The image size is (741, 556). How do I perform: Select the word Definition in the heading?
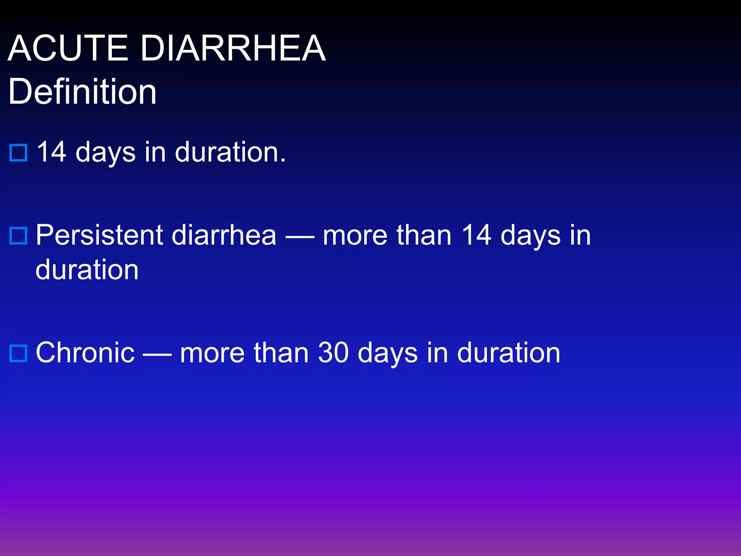[82, 92]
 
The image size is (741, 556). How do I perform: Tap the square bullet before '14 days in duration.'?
[18, 152]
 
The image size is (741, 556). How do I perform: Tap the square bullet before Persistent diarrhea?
[18, 236]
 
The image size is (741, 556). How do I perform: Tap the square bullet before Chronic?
[18, 353]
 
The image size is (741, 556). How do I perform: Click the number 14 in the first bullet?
[51, 152]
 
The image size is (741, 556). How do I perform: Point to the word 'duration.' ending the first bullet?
[230, 152]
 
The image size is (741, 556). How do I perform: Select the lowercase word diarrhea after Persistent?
[224, 235]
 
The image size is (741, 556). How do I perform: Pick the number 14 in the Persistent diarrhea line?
[477, 235]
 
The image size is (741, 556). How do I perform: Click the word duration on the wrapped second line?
[87, 270]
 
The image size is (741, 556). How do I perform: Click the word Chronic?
[85, 353]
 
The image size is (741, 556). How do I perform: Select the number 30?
[333, 353]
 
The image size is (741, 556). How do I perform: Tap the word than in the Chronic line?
[281, 353]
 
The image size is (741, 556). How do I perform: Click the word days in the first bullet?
[105, 152]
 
